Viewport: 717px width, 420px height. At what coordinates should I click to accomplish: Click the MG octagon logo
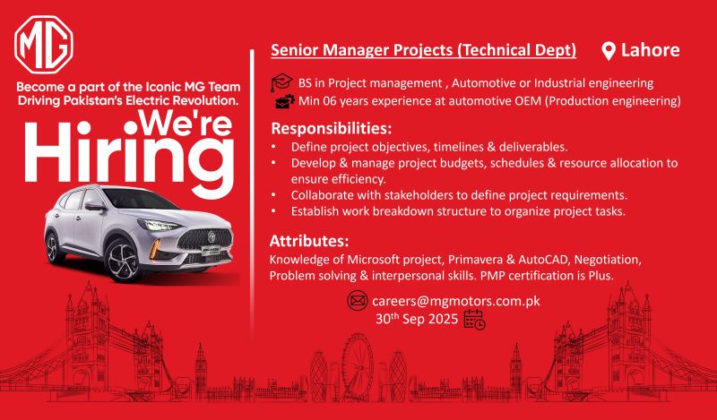pos(43,45)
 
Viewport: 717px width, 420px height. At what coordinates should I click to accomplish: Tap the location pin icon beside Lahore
pos(609,51)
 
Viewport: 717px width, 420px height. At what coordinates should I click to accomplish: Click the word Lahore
pos(650,50)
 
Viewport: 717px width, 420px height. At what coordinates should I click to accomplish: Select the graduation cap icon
pos(281,83)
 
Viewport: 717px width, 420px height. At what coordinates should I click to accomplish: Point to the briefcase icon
pos(285,101)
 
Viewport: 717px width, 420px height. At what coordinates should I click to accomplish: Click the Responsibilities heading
pos(332,128)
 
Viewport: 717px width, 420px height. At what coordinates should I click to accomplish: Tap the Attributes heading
pos(309,240)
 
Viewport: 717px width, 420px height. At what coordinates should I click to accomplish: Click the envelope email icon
pos(357,301)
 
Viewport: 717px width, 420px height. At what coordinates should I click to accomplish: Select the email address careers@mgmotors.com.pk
pos(456,301)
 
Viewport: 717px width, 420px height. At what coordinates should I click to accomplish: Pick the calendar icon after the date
pos(475,320)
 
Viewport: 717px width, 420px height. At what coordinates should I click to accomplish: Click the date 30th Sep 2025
pos(417,319)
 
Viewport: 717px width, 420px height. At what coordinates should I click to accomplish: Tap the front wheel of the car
pos(122,260)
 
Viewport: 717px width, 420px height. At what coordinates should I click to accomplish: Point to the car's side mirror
pos(95,207)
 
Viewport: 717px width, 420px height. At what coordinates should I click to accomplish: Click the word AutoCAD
pos(543,260)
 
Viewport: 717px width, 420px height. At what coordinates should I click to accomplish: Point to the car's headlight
pos(160,225)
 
